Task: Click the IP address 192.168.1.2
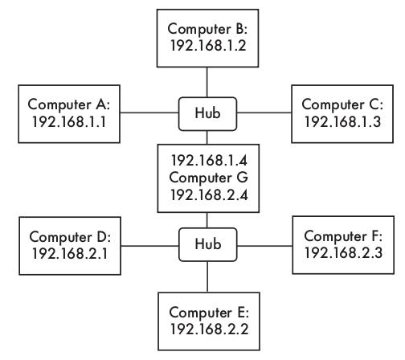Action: (208, 46)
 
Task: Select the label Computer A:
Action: (69, 104)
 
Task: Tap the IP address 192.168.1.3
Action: (342, 121)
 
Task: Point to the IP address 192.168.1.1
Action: (69, 121)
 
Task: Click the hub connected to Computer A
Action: (207, 114)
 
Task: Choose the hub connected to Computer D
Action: (207, 244)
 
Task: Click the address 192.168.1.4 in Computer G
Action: (209, 161)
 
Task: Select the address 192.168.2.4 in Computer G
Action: (209, 194)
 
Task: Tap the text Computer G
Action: (208, 178)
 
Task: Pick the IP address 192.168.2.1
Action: (70, 253)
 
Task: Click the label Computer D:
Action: (70, 237)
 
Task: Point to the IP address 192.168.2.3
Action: (343, 252)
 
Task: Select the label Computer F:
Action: (343, 236)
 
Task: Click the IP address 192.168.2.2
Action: (209, 329)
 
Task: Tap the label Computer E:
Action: (209, 313)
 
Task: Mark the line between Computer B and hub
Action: (207, 82)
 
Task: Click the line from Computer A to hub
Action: (149, 112)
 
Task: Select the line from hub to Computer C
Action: (264, 112)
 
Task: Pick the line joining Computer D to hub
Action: (149, 246)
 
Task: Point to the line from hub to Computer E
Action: (207, 277)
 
